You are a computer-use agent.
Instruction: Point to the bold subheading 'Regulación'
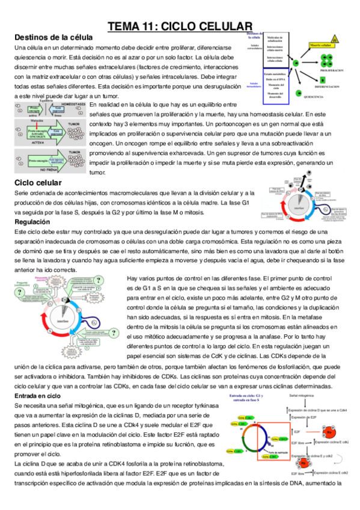pos(34,222)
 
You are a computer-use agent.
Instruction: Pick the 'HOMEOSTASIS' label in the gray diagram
pos(74,104)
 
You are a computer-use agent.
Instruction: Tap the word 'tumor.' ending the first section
pos(97,172)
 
